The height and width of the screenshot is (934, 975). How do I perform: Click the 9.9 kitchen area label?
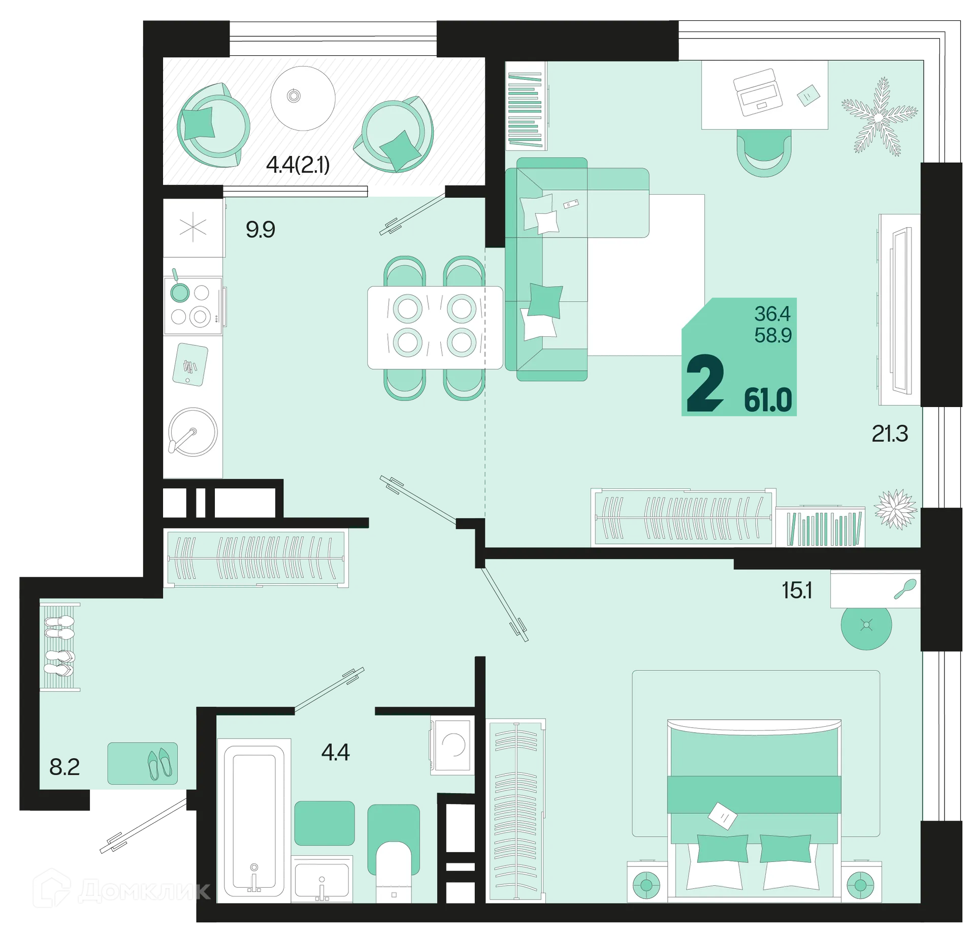pyautogui.click(x=260, y=230)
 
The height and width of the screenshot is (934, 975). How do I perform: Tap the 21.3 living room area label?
pyautogui.click(x=890, y=434)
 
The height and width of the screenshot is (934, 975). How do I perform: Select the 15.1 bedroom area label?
pyautogui.click(x=797, y=590)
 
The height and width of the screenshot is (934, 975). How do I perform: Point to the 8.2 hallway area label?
pyautogui.click(x=64, y=767)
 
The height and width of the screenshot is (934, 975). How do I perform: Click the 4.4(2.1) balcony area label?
pyautogui.click(x=298, y=165)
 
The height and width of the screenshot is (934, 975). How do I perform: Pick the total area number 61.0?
pyautogui.click(x=768, y=400)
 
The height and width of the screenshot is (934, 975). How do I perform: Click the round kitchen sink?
pyautogui.click(x=193, y=432)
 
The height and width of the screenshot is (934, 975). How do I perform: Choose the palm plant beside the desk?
pyautogui.click(x=880, y=117)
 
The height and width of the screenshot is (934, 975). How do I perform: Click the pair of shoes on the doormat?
pyautogui.click(x=159, y=764)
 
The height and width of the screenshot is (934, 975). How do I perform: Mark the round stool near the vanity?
pyautogui.click(x=866, y=625)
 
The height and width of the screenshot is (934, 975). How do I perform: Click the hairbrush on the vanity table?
pyautogui.click(x=905, y=589)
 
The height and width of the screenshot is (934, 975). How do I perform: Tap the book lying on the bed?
pyautogui.click(x=723, y=816)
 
